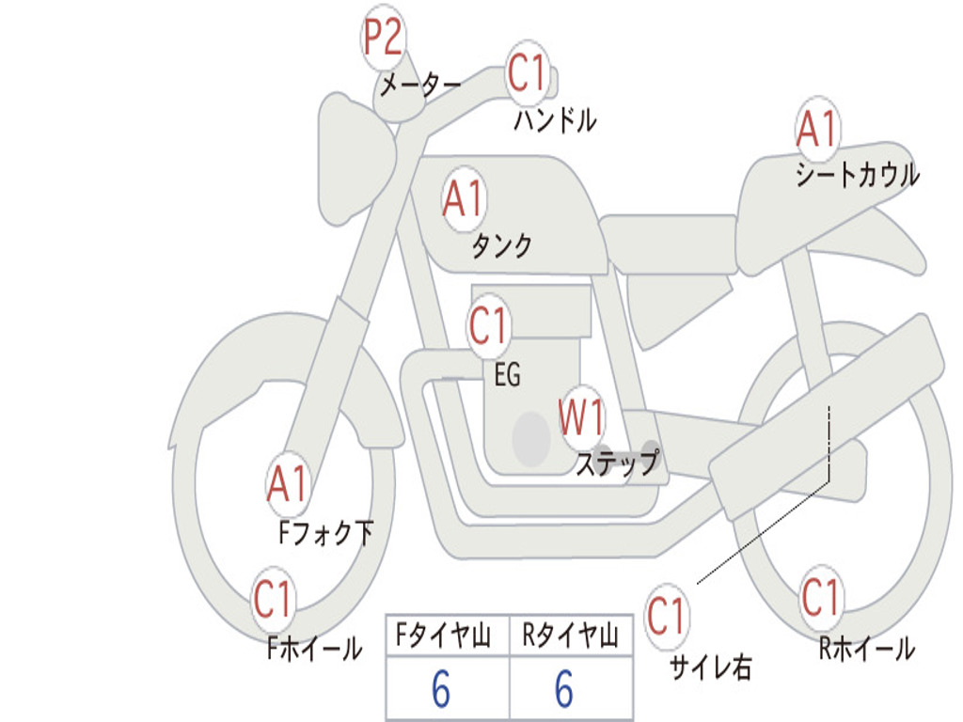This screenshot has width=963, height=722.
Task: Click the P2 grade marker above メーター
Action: [384, 39]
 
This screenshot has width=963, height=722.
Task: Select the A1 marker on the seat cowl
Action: [816, 130]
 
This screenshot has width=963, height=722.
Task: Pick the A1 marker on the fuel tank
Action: [464, 198]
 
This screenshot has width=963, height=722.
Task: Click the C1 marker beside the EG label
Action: [489, 327]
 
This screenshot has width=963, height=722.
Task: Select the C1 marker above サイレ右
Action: [666, 617]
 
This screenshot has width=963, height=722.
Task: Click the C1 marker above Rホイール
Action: [820, 596]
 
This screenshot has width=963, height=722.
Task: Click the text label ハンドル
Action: [555, 120]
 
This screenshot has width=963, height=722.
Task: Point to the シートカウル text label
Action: [857, 176]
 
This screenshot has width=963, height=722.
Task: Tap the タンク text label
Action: [501, 246]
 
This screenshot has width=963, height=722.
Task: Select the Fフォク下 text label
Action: [325, 534]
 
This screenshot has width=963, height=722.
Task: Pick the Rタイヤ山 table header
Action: [570, 637]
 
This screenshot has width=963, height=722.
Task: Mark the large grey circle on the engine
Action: [531, 437]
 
